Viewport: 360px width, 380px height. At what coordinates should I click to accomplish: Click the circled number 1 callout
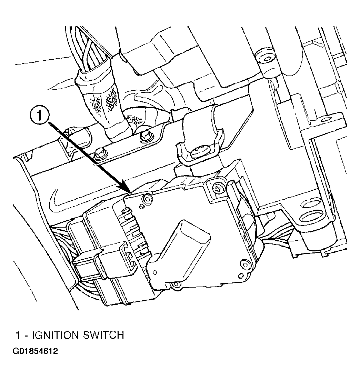pyautogui.click(x=40, y=116)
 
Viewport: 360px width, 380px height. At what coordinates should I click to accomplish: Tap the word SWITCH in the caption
pyautogui.click(x=103, y=336)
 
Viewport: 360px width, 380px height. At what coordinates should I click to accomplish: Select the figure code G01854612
pyautogui.click(x=35, y=351)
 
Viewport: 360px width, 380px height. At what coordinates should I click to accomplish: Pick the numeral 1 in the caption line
pyautogui.click(x=18, y=336)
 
